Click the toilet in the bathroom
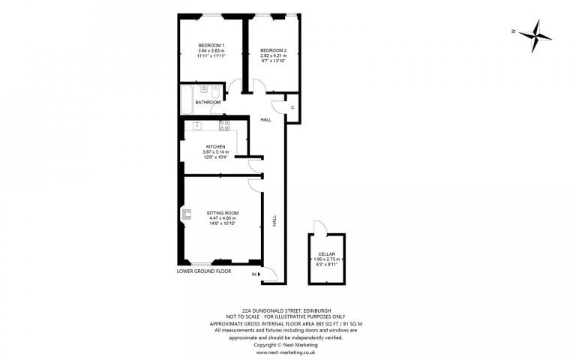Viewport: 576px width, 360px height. [x=216, y=91]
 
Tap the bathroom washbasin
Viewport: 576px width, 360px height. [x=203, y=88]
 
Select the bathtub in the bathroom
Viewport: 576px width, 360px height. [x=187, y=100]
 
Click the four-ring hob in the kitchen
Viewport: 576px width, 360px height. [x=224, y=126]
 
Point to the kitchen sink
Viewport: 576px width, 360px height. [x=197, y=125]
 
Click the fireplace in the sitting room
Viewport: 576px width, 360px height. [x=186, y=214]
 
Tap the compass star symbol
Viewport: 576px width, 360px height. [x=535, y=36]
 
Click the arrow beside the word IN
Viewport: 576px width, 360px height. [x=259, y=274]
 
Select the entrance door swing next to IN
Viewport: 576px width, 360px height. [x=270, y=274]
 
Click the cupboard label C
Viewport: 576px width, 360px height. [x=292, y=108]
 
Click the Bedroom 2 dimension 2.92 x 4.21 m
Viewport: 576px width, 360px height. [x=273, y=55]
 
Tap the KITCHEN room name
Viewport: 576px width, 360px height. [x=216, y=146]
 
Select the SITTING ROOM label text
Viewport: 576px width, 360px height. [x=223, y=213]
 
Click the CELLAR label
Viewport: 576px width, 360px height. [x=326, y=254]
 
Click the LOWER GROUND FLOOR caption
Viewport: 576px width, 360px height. [x=204, y=271]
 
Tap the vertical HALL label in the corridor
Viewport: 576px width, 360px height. [x=274, y=220]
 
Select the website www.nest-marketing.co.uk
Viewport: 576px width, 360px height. [x=286, y=352]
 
